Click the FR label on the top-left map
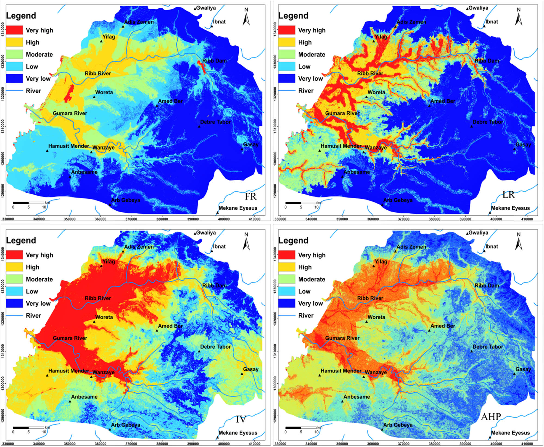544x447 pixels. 250,196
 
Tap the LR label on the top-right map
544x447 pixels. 508,195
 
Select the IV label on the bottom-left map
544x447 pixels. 241,419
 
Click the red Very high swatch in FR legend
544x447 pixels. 14,30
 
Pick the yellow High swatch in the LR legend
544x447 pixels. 286,42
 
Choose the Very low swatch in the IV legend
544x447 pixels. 14,304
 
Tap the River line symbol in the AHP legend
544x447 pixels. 286,315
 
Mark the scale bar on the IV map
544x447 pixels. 29,427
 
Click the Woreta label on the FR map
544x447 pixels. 104,92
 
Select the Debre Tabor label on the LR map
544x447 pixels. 488,122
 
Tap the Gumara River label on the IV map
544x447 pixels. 70,338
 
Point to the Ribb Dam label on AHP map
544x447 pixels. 487,286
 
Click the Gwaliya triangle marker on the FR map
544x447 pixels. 195,9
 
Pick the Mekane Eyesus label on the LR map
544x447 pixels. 510,208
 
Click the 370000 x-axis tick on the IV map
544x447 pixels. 131,444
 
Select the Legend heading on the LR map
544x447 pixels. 293,16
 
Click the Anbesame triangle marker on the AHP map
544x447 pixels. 342,401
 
